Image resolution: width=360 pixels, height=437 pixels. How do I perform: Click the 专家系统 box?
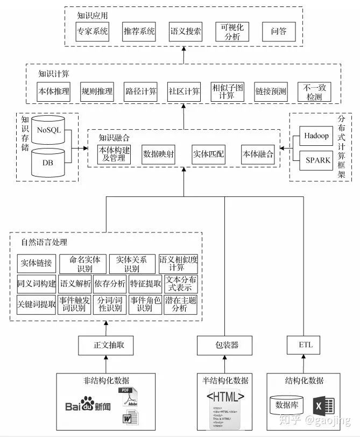(x=93, y=31)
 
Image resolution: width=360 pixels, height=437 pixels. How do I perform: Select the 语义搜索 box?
(x=186, y=31)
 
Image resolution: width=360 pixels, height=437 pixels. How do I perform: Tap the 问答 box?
(x=278, y=31)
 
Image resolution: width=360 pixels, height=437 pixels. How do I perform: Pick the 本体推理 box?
(x=53, y=91)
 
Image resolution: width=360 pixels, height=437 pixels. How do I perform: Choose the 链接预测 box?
(x=271, y=91)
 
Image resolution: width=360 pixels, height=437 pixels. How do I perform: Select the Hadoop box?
(x=316, y=136)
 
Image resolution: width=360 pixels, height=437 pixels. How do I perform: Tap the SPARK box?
(x=316, y=160)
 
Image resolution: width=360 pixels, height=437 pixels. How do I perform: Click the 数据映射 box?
(x=159, y=154)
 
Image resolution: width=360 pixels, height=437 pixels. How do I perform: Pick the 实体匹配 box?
(x=208, y=154)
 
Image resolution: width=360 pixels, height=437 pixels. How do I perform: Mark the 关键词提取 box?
(x=37, y=304)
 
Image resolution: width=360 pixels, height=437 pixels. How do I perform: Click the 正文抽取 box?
(x=105, y=345)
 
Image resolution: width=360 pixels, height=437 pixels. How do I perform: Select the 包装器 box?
(x=225, y=345)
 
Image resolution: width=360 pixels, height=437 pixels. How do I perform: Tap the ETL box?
(x=305, y=345)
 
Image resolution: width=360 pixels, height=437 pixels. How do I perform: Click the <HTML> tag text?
(x=225, y=397)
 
